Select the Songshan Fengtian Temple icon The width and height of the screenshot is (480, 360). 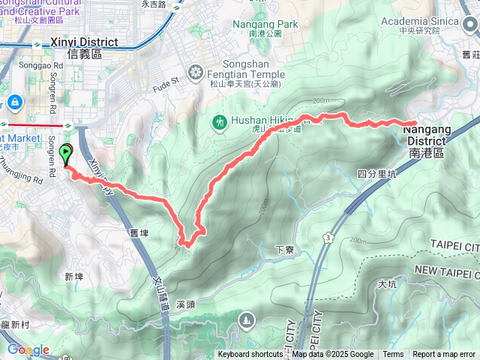pos(195,72)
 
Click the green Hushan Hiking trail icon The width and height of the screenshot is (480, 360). pos(220,121)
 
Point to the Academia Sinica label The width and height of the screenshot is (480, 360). pos(420,21)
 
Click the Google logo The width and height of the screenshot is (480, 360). pos(28,349)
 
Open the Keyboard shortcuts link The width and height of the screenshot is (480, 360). pos(250,355)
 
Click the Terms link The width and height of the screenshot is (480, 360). pos(393,355)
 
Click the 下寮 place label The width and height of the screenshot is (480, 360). pos(283,249)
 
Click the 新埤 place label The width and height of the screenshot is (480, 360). pos(73,277)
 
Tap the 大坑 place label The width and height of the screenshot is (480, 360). pos(387,284)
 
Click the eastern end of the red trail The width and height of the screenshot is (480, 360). pos(415,123)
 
